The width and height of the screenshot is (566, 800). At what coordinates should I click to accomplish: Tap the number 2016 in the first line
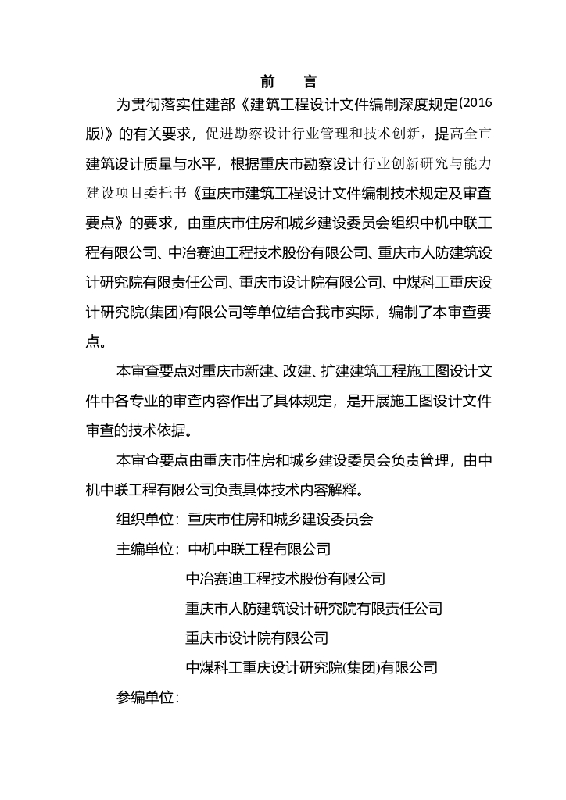[476, 103]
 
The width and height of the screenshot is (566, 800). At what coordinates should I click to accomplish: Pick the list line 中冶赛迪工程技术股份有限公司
[285, 579]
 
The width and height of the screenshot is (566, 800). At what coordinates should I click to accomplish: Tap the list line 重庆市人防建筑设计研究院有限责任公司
[313, 609]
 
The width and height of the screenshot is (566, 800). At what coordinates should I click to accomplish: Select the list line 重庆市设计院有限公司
[256, 638]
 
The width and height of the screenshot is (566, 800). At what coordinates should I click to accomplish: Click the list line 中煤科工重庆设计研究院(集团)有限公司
[311, 668]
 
